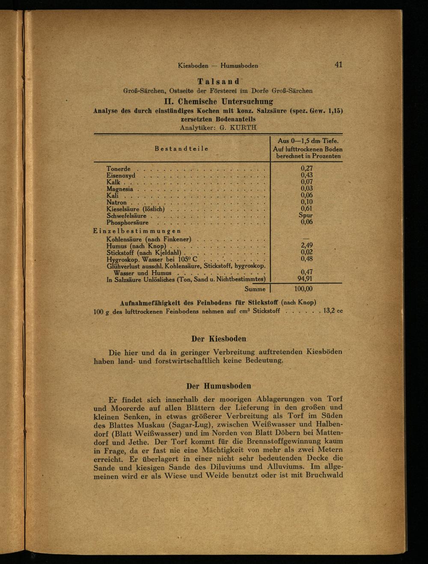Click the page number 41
point(339,65)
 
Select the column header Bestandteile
point(181,148)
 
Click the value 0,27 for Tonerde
point(306,169)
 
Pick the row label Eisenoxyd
point(121,175)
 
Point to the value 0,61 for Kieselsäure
point(306,209)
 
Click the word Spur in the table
point(306,216)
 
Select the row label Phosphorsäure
point(128,223)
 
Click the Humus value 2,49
point(306,245)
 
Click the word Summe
point(255,289)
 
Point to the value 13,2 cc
point(333,311)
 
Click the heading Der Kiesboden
point(218,339)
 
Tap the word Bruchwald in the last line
point(324,475)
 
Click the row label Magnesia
point(120,189)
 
